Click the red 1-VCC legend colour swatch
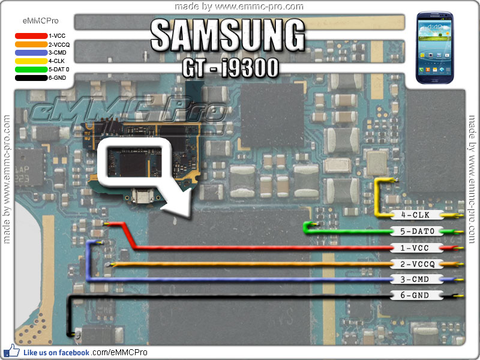tap(31, 36)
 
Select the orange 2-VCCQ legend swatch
tap(31, 44)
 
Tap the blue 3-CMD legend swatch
tap(31, 53)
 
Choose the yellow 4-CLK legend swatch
tap(31, 61)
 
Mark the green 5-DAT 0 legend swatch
tap(31, 70)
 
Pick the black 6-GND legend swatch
tap(31, 78)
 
